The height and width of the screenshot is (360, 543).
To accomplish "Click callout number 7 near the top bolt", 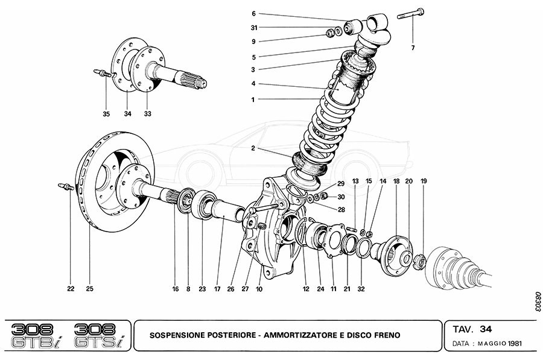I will pos(413,47).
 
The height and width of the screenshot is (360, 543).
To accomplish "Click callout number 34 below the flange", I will pos(128,113).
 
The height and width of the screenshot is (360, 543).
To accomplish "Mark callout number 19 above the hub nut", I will pos(424,181).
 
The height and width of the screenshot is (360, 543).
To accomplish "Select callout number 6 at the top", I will pos(253,13).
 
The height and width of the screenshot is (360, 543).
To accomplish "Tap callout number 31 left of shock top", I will pos(253,28).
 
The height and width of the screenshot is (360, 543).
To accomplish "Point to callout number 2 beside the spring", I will pos(253,148).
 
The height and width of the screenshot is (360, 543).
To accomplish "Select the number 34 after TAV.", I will pos(486,329).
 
